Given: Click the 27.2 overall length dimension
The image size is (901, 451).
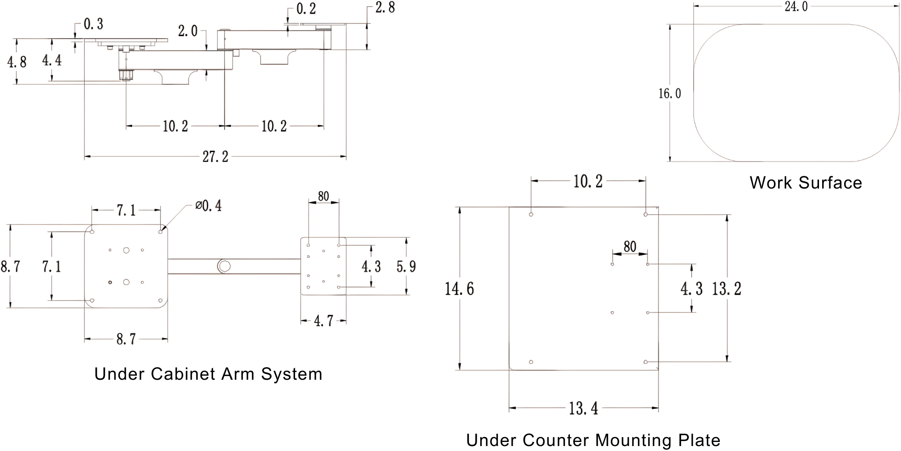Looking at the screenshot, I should click(215, 157).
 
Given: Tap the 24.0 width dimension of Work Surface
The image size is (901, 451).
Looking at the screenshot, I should click(796, 7).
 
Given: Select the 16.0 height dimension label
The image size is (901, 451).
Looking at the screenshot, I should click(670, 94).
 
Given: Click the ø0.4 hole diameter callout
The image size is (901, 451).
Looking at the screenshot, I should click(209, 206).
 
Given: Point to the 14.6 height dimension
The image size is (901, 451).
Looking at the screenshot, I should click(460, 289).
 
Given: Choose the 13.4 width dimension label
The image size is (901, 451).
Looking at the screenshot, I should click(583, 409).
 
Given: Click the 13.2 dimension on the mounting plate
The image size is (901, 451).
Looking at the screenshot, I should click(727, 289).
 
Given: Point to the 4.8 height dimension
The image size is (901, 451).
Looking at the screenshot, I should click(17, 62).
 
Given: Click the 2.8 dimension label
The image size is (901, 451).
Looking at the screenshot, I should click(385, 8).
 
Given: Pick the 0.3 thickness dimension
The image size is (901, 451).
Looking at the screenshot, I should click(94, 24).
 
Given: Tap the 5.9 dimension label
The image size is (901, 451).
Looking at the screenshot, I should click(406, 267).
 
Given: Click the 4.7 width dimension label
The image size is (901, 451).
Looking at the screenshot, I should click(323, 321).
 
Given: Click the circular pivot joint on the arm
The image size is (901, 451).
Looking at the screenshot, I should click(224, 266).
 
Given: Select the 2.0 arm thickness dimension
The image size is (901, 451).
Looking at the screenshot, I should click(188, 31).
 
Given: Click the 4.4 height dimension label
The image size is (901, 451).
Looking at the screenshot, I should click(52, 60).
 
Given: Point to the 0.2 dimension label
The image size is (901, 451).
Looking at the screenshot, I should click(306, 9).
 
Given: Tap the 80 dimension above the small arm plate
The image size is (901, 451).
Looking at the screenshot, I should click(323, 196).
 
